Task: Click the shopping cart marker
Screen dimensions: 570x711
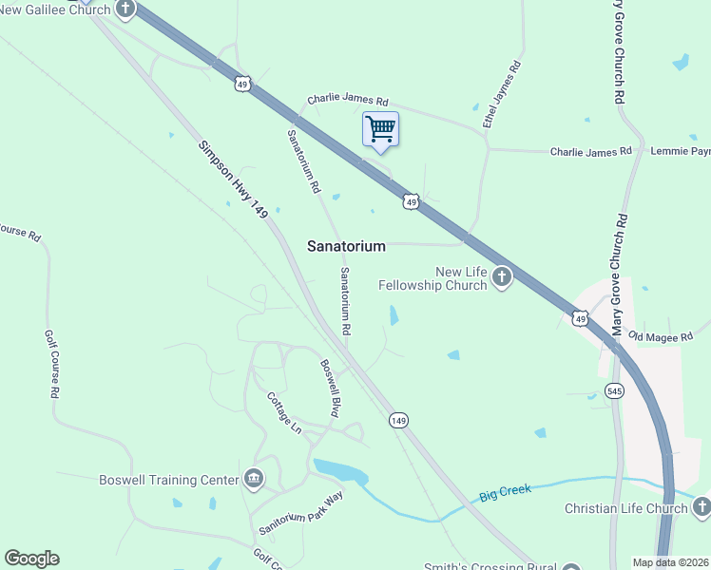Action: click(380, 129)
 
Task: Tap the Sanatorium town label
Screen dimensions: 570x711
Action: click(346, 246)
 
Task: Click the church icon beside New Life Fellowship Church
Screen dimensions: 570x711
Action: click(502, 277)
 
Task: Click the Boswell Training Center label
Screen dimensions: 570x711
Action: click(169, 480)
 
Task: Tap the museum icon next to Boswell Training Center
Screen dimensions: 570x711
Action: click(254, 478)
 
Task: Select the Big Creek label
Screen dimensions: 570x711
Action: click(503, 492)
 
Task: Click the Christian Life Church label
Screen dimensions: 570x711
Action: click(625, 508)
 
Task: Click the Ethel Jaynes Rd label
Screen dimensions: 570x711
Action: click(503, 95)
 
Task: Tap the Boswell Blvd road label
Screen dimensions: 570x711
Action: click(330, 389)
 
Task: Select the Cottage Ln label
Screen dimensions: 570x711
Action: click(283, 413)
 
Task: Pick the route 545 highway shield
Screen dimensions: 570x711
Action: click(615, 390)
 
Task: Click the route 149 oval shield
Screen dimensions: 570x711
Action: click(399, 419)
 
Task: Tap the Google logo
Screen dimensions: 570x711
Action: click(31, 559)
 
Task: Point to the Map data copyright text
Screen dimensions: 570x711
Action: click(670, 562)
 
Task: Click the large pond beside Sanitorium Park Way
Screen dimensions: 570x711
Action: click(340, 471)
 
